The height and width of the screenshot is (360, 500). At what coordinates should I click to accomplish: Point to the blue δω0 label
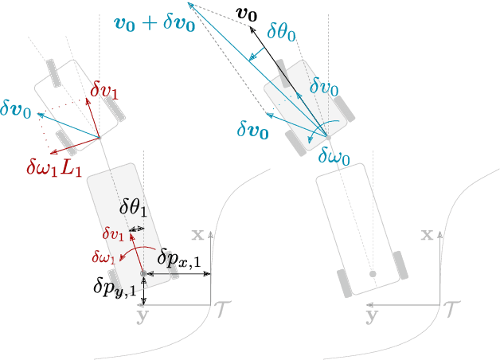334,156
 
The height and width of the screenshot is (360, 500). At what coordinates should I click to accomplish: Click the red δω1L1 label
54,166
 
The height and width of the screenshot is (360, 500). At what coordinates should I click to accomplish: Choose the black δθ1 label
134,209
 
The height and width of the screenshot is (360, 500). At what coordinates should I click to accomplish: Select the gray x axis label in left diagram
198,235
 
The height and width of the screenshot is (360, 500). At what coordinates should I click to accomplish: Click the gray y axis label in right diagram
372,315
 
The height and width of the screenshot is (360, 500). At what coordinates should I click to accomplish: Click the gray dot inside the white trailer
372,274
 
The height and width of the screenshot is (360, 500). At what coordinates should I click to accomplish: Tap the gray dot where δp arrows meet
143,273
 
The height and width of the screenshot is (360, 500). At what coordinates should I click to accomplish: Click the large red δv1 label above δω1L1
105,92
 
